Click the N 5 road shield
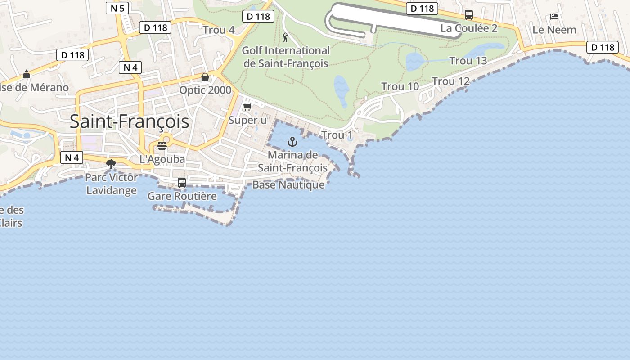point(118,8)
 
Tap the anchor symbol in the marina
point(292,142)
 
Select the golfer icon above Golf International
point(285,37)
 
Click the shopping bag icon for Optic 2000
point(205,77)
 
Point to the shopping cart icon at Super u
point(247,107)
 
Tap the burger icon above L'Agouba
point(162,145)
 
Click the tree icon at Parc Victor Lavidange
point(111,164)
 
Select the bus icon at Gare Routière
point(182,183)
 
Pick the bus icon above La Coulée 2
point(469,15)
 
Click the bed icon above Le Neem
point(554,17)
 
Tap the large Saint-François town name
point(130,121)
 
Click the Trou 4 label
point(219,30)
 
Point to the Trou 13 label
point(468,61)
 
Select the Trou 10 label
point(400,86)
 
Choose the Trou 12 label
point(451,81)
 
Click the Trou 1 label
point(337,135)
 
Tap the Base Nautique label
point(288,184)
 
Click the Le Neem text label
point(554,30)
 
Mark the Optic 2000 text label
point(205,90)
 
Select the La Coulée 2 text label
point(469,28)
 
